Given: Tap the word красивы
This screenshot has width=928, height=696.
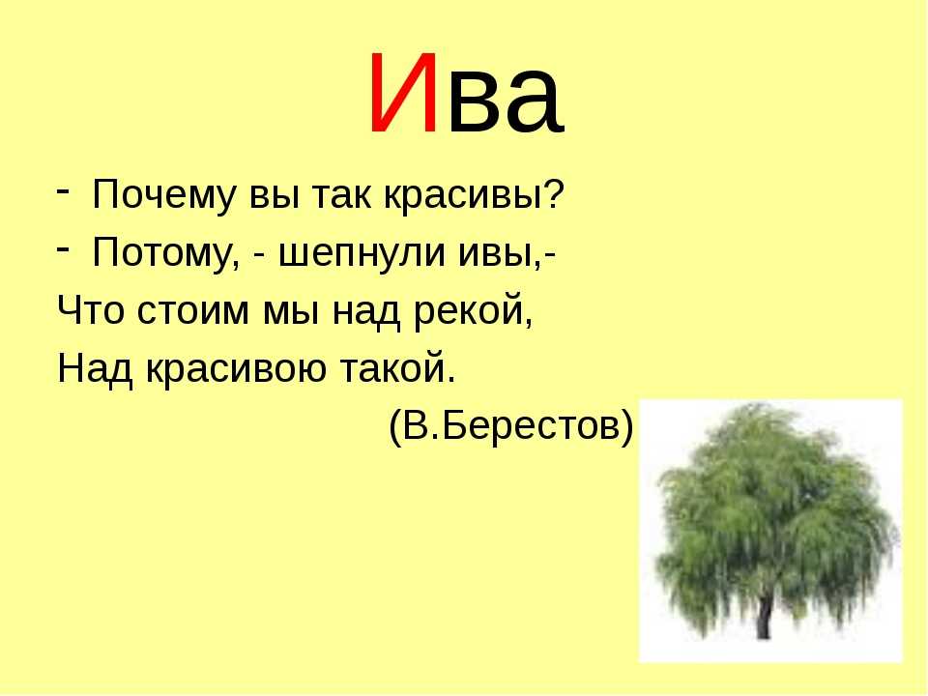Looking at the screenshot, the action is (462, 194).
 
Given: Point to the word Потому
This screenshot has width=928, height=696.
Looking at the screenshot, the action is (161, 252).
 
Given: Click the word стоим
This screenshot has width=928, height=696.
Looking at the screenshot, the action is (192, 309).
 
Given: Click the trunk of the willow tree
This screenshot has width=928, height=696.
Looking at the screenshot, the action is (764, 619).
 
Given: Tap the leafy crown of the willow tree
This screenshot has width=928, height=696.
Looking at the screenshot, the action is (776, 510).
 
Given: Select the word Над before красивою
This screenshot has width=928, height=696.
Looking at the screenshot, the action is (94, 368).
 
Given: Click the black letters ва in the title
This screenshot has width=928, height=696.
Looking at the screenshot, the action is (504, 102).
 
